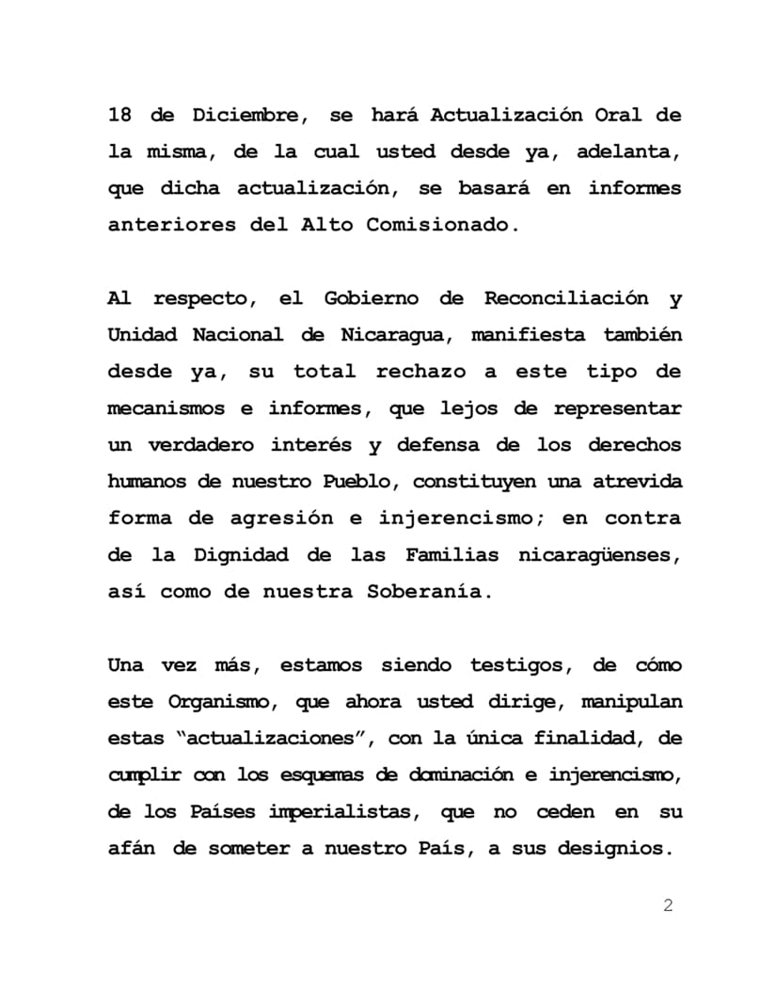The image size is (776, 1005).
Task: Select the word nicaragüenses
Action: [x=599, y=556]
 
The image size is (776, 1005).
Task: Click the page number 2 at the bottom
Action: [x=669, y=906]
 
